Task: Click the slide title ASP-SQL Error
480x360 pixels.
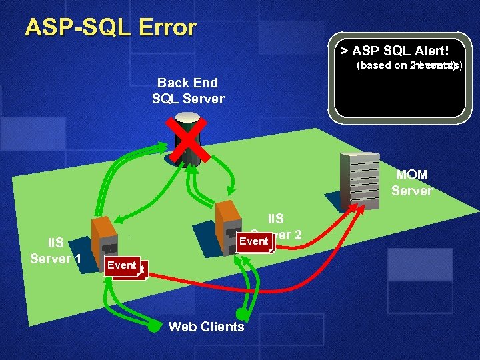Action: click(111, 27)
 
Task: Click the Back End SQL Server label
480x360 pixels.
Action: click(188, 91)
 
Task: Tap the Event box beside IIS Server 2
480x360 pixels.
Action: click(253, 241)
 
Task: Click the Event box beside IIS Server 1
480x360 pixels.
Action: click(122, 265)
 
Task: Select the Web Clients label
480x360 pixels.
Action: click(207, 327)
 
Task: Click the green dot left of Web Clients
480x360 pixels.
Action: click(153, 327)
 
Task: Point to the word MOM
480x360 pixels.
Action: click(412, 175)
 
